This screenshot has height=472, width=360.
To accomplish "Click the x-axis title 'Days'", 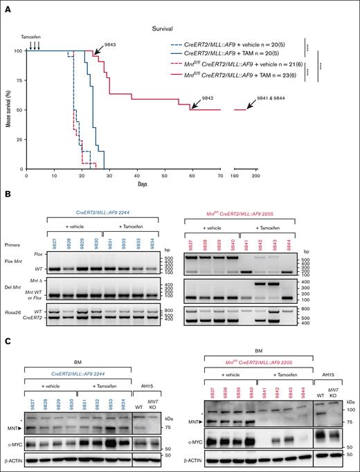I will point(141,183).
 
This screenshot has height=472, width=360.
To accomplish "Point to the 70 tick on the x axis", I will point(220,176).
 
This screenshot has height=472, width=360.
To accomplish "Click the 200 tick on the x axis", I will point(255,176).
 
